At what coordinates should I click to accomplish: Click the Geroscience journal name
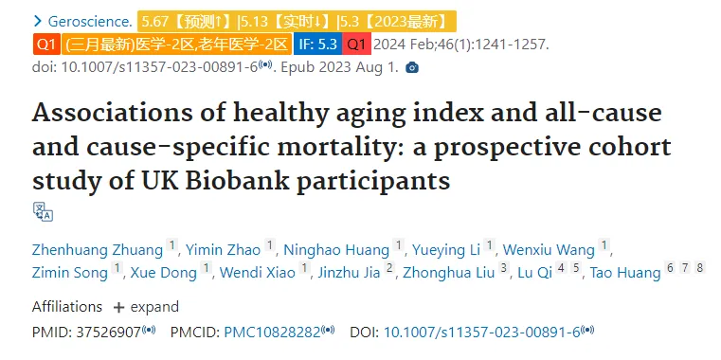[x=90, y=22]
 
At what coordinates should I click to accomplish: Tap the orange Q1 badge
[x=46, y=45]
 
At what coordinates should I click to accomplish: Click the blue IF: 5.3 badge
[x=317, y=45]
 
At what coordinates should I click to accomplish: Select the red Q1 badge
[x=356, y=45]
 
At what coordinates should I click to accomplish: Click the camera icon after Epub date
[x=412, y=68]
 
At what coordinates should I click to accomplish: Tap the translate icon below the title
[x=43, y=211]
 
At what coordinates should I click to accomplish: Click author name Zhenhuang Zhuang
[x=98, y=250]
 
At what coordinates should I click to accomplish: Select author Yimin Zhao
[x=223, y=250]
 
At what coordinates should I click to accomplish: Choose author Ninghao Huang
[x=336, y=250]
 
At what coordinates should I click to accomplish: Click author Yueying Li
[x=446, y=250]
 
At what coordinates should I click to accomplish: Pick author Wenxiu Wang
[x=549, y=250]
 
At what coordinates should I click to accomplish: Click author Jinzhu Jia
[x=349, y=273]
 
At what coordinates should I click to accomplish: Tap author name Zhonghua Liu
[x=449, y=273]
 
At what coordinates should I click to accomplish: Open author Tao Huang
[x=625, y=273]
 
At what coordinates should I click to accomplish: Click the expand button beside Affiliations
[x=146, y=307]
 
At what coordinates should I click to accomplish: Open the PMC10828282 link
[x=272, y=332]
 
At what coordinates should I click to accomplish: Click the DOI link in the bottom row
[x=482, y=332]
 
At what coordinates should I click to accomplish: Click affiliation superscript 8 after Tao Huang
[x=700, y=267]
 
